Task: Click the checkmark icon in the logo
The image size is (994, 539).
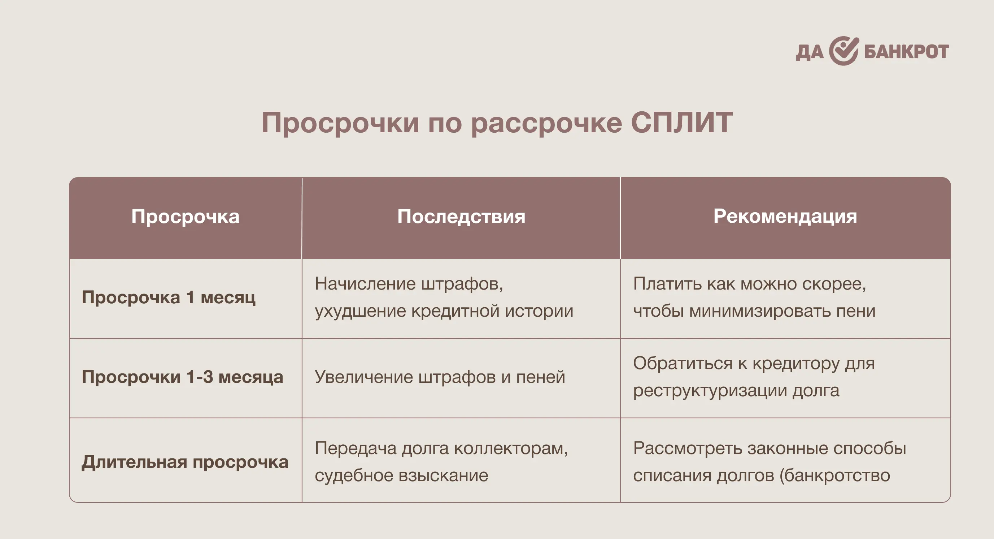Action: tap(844, 51)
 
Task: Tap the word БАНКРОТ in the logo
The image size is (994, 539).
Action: tap(906, 52)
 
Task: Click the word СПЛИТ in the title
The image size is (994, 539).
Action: tap(682, 123)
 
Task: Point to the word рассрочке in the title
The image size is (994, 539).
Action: tap(546, 124)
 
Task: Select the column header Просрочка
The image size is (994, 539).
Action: tap(185, 217)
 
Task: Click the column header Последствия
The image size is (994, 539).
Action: tap(461, 217)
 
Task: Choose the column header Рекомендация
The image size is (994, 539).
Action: tap(785, 217)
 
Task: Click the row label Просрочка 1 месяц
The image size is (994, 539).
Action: tap(169, 298)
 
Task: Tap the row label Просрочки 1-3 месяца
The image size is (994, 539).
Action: tap(183, 377)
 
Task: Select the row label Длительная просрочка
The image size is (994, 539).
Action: tap(185, 462)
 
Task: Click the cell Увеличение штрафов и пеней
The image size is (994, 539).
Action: tap(440, 377)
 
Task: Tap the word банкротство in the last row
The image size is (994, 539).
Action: tap(838, 475)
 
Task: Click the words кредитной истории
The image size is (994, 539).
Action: tap(492, 311)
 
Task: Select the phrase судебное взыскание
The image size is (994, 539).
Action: tap(401, 476)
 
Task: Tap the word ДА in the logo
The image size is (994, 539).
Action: tap(810, 52)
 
